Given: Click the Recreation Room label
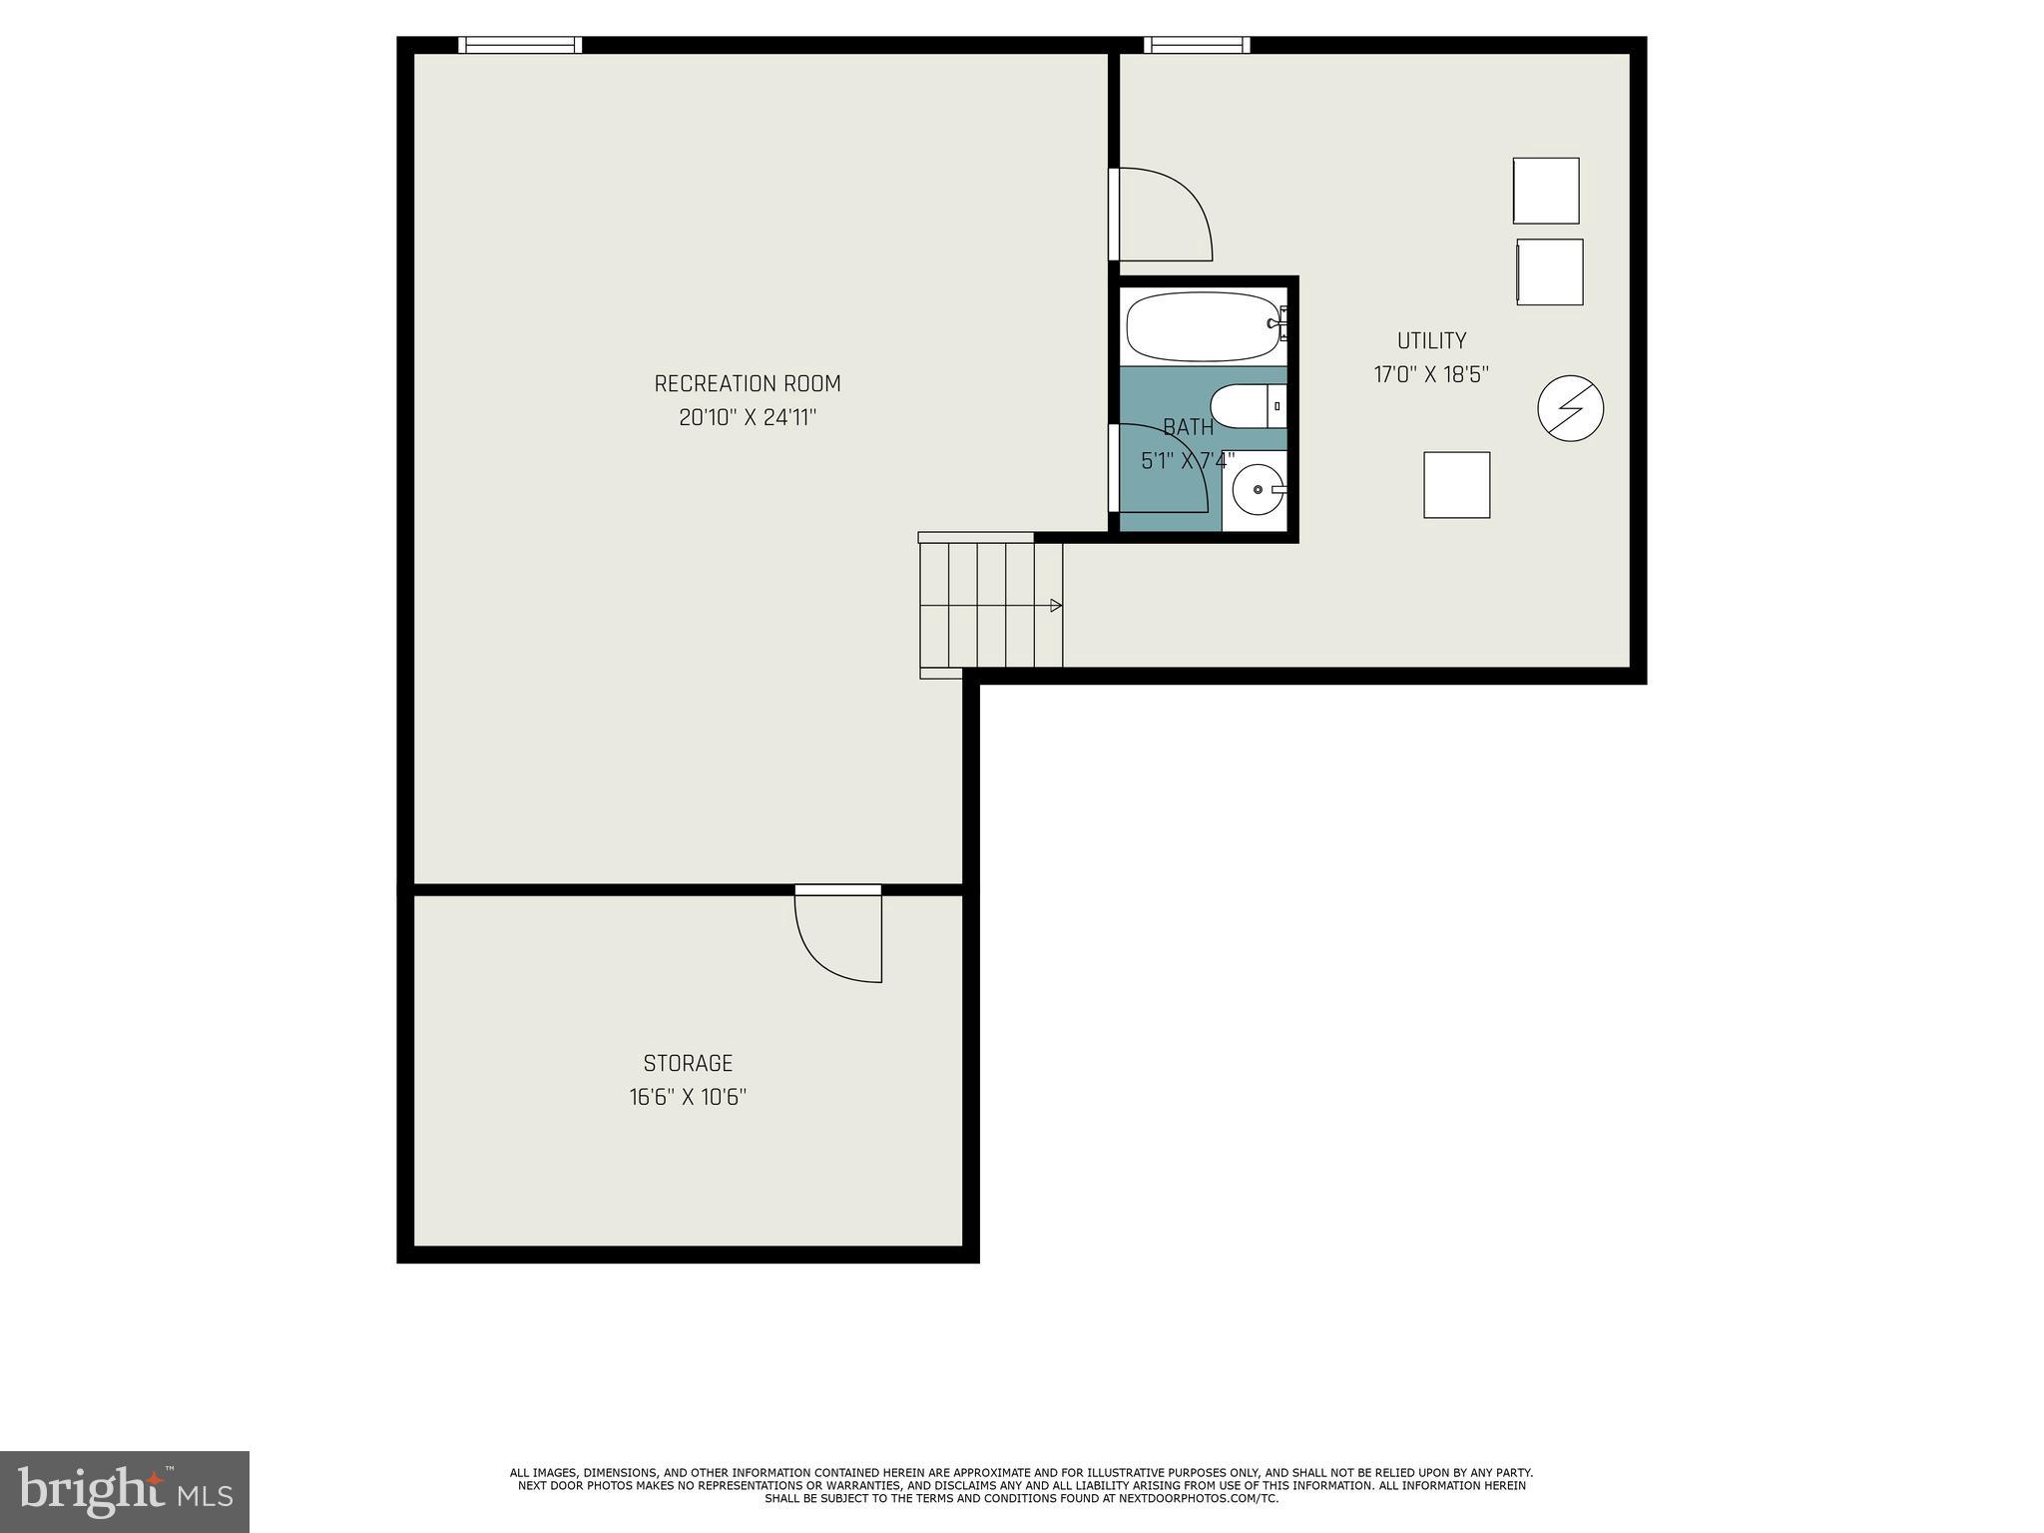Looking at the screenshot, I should [747, 383].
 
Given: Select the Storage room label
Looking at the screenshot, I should [688, 1063].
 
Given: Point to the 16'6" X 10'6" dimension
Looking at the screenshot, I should [688, 1098].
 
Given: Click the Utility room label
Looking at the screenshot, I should [1431, 340].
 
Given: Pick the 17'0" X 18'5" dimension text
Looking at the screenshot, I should [1431, 375].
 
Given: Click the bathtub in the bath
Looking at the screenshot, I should [1202, 326].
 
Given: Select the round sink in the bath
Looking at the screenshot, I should [1258, 489].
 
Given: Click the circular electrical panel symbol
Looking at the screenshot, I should [1570, 408].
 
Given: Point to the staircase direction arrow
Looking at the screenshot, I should [1055, 605].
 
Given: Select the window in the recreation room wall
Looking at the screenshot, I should [520, 45].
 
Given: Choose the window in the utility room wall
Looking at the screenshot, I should [1196, 45].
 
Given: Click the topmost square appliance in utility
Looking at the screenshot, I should [1545, 191].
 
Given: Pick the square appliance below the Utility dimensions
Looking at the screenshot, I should [1456, 485].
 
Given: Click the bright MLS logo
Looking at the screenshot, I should [125, 1491].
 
